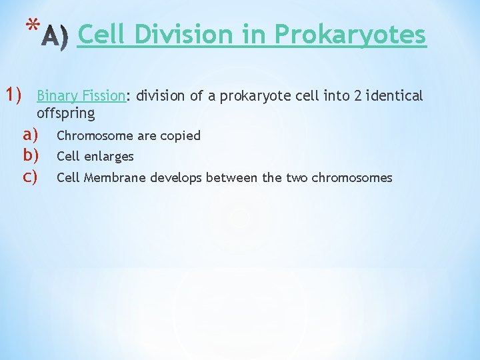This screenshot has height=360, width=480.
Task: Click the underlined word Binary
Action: click(x=58, y=96)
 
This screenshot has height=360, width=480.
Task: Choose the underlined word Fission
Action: click(x=104, y=96)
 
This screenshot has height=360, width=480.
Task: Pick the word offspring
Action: click(x=66, y=113)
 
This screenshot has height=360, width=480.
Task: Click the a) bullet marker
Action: click(x=29, y=135)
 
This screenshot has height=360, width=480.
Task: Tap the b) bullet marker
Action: click(x=29, y=156)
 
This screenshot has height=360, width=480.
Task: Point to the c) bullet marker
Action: click(x=29, y=177)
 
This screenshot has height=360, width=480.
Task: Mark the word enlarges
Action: click(x=109, y=157)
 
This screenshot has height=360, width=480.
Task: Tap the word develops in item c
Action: click(x=177, y=178)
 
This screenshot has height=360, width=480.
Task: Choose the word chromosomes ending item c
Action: click(x=351, y=178)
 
